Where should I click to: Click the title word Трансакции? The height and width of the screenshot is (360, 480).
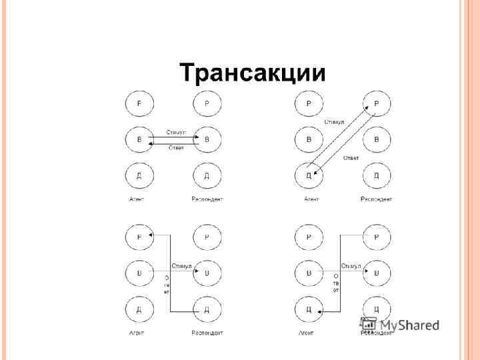point(253,72)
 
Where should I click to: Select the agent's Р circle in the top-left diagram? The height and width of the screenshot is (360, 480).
point(139,103)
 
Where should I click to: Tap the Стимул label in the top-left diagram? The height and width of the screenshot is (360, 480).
point(176,133)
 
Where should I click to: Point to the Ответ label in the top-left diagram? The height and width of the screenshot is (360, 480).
point(176,147)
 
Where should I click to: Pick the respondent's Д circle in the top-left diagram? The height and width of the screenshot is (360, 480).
point(207,176)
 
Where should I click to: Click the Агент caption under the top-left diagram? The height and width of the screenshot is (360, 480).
point(137,199)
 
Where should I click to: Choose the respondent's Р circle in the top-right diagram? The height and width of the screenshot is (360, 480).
point(377,103)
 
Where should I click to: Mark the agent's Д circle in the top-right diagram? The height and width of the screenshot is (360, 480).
point(309,176)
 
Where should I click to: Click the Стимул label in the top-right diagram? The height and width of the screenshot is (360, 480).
point(334,122)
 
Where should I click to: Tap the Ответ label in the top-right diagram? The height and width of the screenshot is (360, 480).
point(351,158)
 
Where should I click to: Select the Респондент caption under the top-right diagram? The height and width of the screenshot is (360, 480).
point(377,199)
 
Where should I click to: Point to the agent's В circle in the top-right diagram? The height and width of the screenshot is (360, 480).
point(309,140)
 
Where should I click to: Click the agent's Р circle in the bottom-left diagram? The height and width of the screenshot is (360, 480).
point(139,237)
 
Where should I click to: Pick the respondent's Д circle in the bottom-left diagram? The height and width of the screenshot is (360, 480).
point(207,309)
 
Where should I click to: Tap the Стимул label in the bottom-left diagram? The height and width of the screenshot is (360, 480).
point(181,266)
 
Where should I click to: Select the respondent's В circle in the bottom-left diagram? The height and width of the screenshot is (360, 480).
point(207,273)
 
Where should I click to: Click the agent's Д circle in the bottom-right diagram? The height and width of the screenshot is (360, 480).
point(309,309)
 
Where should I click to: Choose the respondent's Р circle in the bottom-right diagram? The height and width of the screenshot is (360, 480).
point(377,237)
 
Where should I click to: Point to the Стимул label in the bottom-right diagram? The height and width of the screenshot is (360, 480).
point(351,266)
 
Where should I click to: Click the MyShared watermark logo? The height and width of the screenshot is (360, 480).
point(400,326)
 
